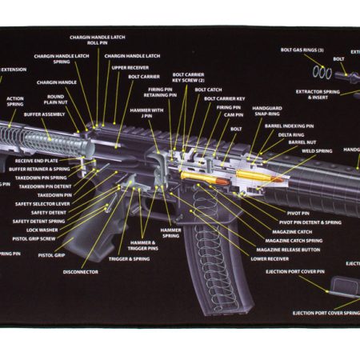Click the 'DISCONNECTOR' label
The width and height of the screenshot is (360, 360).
pyautogui.click(x=81, y=272)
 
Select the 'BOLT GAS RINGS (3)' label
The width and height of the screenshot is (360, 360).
pyautogui.click(x=302, y=50)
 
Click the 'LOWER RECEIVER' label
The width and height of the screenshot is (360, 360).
pyautogui.click(x=270, y=258)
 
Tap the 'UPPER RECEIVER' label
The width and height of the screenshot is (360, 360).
pyautogui.click(x=130, y=68)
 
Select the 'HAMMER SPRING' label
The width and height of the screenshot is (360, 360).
pyautogui.click(x=170, y=233)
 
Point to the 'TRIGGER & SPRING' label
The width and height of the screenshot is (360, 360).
pyautogui.click(x=130, y=259)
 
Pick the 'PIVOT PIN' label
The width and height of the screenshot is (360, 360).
pyautogui.click(x=298, y=213)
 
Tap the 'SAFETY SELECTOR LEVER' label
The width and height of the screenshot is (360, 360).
pyautogui.click(x=42, y=204)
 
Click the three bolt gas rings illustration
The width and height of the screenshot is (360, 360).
pyautogui.click(x=322, y=73)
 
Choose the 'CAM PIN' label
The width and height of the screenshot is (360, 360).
pyautogui.click(x=234, y=114)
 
